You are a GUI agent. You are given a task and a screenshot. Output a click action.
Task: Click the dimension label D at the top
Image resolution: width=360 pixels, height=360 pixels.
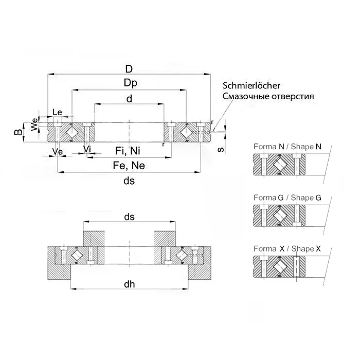coord(129,69)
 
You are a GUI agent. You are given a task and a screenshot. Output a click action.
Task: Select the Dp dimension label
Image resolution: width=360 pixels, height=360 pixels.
coord(129,83)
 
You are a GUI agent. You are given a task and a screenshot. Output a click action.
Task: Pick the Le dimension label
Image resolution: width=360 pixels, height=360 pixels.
coord(58,113)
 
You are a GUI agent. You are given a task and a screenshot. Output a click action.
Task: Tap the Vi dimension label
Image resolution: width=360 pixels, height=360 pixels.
coord(87,149)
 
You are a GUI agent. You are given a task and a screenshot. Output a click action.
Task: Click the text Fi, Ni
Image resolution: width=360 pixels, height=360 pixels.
coord(127,150)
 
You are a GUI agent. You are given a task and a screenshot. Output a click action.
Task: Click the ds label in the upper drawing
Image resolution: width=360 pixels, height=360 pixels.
coord(129,181)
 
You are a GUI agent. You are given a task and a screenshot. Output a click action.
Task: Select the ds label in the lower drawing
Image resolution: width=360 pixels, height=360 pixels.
coord(129,217)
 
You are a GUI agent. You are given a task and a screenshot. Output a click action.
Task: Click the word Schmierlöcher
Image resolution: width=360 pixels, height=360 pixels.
coord(251,85)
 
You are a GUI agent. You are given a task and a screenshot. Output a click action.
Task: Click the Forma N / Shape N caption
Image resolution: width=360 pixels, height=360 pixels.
coord(287,147)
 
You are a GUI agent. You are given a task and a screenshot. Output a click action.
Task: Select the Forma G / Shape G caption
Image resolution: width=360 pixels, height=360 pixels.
coord(287,197)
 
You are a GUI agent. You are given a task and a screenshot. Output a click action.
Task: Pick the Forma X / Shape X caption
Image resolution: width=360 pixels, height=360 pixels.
coord(287,249)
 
